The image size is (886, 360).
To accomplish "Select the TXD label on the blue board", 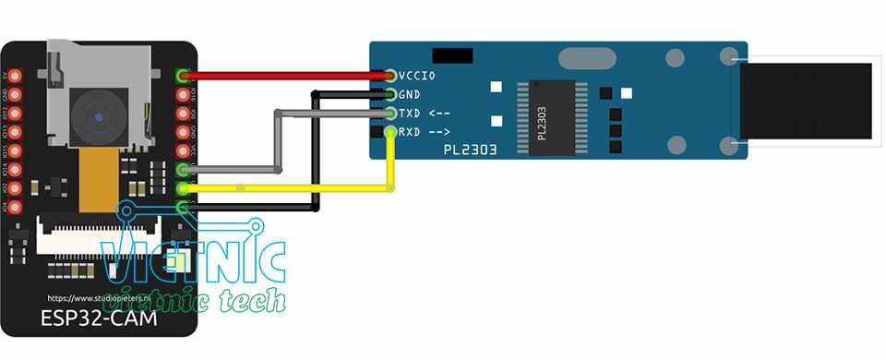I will pos(410,114).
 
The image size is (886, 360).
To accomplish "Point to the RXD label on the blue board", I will pos(410,132).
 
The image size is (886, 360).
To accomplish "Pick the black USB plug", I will pos(808,101).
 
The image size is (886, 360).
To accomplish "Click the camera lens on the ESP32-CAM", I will pos(99,117).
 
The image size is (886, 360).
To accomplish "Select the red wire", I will pos(286,76).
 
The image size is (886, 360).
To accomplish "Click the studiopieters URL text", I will pos(99,299).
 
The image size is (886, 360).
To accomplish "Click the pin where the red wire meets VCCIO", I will pos(391,75).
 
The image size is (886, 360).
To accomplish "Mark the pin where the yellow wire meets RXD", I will pos(391,133).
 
